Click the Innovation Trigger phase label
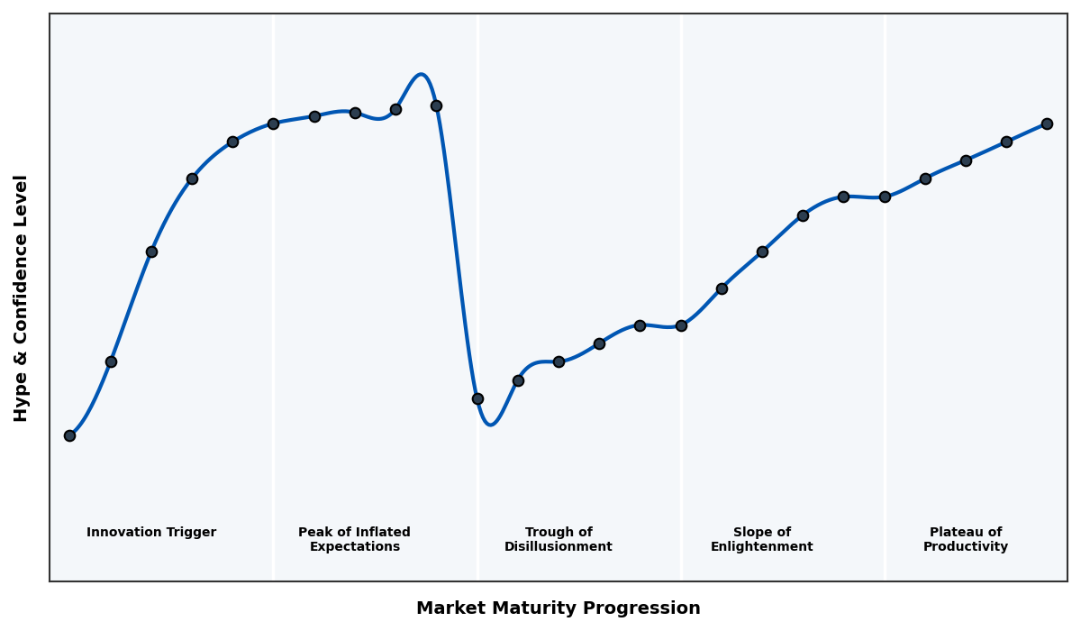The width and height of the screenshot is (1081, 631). click(x=151, y=533)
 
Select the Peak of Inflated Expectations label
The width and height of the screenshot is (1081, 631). click(x=354, y=539)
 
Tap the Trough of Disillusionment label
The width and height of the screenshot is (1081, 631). click(x=559, y=539)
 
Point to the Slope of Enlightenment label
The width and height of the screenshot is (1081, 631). click(x=762, y=539)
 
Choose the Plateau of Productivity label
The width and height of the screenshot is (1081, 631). click(x=966, y=539)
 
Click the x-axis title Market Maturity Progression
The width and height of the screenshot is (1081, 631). click(x=559, y=608)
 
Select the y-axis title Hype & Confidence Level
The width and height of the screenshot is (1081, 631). click(x=22, y=297)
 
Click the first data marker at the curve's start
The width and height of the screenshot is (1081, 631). click(x=69, y=435)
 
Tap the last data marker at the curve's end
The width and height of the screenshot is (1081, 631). click(x=1047, y=123)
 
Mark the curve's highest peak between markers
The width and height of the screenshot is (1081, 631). click(x=421, y=75)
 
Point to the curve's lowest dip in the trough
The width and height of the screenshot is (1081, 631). click(x=490, y=424)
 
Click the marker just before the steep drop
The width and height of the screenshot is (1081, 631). click(x=436, y=105)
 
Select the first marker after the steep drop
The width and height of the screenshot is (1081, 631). click(x=477, y=398)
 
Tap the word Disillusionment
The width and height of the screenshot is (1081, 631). click(x=559, y=547)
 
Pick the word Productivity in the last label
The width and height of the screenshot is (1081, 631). click(x=966, y=547)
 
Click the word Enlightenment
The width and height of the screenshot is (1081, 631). click(x=762, y=547)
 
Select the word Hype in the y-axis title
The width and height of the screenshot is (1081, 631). click(x=22, y=401)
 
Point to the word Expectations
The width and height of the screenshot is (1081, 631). click(x=354, y=547)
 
